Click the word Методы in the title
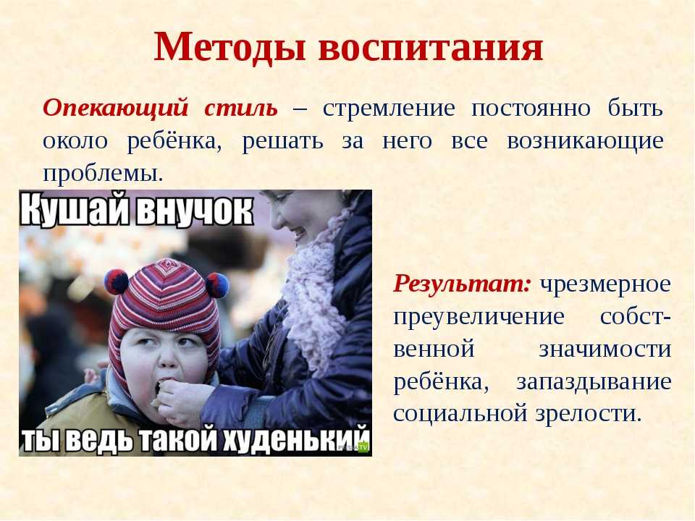point(229,47)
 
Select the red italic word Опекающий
point(116,108)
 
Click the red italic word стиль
point(241,108)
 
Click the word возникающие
point(585,142)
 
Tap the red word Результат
point(462,284)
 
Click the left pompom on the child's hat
point(117,281)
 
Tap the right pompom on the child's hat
point(217,285)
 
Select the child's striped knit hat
point(165,310)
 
